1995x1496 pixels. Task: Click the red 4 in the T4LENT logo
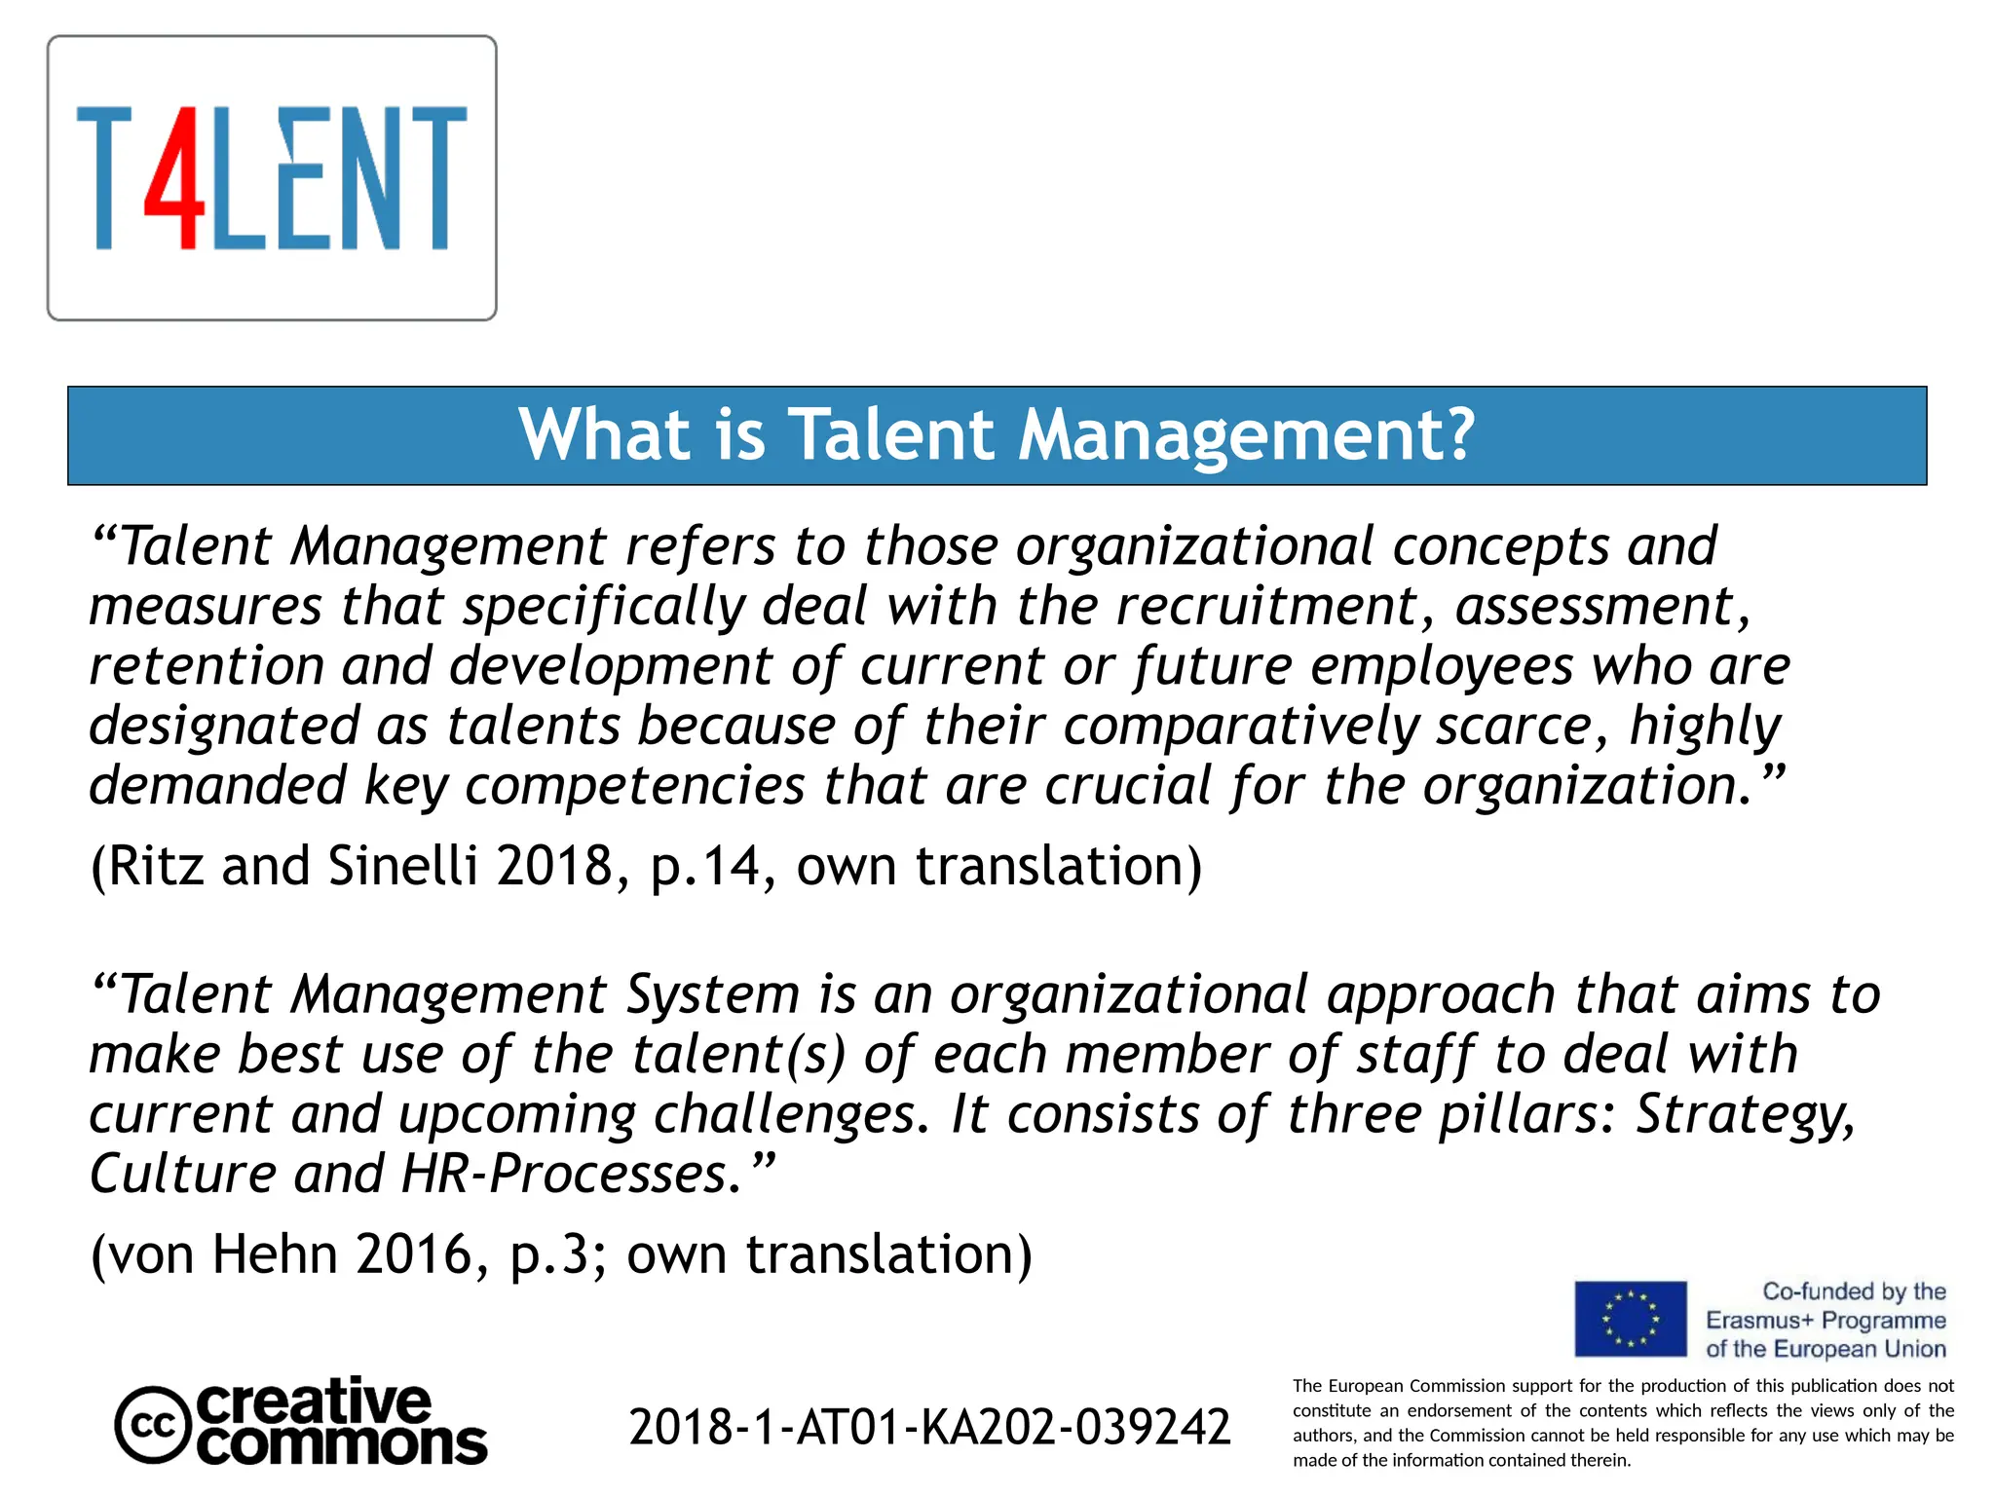point(175,177)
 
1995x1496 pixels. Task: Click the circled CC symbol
point(152,1425)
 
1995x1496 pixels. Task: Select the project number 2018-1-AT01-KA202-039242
point(929,1427)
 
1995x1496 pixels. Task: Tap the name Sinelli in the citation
point(402,865)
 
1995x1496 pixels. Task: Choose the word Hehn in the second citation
point(274,1253)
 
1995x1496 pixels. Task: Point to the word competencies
point(634,786)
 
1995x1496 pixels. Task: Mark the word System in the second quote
point(712,995)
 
